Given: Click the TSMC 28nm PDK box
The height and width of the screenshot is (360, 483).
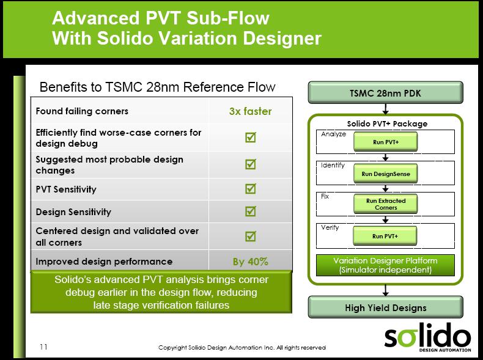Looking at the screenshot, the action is [x=385, y=92].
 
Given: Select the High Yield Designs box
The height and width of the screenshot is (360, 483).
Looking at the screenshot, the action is [x=385, y=307].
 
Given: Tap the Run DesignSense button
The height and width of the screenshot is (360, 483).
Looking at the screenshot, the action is [x=385, y=174].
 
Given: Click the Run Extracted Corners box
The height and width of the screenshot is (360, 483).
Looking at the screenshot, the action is [x=385, y=204].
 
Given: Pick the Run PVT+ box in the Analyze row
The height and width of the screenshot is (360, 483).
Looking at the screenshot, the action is [x=385, y=142].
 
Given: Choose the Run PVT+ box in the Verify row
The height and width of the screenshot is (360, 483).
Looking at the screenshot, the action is [x=385, y=236].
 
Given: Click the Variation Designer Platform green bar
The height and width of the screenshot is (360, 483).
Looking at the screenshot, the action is [x=385, y=265].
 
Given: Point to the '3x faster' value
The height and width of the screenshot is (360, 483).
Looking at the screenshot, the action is [x=250, y=111].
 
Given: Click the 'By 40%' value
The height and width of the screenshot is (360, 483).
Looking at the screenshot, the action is [x=250, y=262].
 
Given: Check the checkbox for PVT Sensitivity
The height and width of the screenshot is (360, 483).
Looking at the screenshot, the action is [x=251, y=188].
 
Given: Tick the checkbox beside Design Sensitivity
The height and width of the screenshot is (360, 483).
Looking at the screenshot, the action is [x=251, y=211].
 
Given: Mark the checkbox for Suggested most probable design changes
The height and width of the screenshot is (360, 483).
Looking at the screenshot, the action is [x=251, y=164].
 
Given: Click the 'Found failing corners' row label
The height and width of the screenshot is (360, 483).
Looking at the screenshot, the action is [x=82, y=111].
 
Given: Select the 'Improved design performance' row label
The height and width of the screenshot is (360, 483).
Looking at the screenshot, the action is [x=104, y=262].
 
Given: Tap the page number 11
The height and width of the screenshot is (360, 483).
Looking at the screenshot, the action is [x=43, y=347].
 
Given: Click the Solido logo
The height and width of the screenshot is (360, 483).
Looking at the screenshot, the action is [x=427, y=337].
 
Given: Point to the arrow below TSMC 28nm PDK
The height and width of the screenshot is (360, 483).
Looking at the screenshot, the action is [x=385, y=109].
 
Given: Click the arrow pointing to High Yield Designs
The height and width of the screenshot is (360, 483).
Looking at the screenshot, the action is [x=385, y=290].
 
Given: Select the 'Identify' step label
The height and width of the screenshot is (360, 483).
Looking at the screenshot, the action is [x=333, y=166].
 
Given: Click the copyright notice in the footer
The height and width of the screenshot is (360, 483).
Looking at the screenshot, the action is [x=242, y=347].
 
